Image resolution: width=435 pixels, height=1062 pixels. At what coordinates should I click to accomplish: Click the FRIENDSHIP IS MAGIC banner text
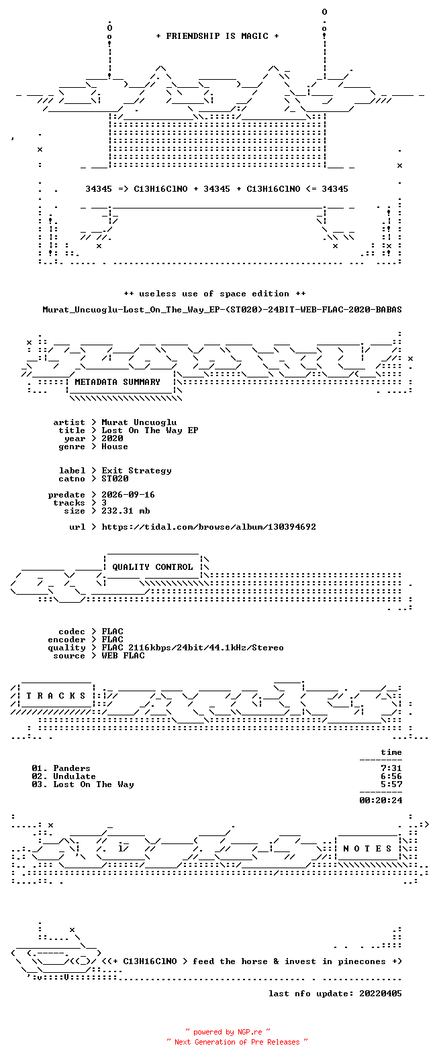click(217, 36)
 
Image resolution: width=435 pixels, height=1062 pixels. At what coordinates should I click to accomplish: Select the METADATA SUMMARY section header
click(117, 382)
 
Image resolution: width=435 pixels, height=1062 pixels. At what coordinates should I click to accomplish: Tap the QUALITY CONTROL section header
click(152, 567)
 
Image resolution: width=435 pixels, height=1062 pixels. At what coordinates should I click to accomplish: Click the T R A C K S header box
click(56, 696)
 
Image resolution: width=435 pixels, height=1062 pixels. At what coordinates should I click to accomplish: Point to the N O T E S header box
click(368, 849)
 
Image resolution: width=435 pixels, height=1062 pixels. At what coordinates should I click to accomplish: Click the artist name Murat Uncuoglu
click(139, 422)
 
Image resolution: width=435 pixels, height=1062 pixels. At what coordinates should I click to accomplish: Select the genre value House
click(114, 447)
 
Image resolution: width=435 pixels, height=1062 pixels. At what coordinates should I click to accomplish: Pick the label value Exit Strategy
click(136, 471)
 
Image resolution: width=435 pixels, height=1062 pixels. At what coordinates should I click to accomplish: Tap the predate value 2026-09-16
click(128, 495)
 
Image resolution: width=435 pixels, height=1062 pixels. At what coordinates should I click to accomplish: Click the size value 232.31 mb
click(126, 511)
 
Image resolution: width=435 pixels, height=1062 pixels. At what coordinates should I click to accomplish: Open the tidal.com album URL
click(209, 527)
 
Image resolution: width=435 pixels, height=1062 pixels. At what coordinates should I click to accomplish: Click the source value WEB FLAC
click(123, 656)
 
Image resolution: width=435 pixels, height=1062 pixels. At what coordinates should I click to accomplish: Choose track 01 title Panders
click(72, 768)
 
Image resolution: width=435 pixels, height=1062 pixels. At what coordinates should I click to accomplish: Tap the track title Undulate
click(75, 776)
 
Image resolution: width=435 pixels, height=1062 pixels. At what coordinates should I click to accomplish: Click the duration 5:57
click(391, 784)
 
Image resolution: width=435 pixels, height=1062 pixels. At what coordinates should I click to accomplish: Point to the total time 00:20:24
click(381, 801)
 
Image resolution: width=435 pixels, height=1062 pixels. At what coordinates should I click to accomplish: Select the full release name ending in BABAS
click(222, 310)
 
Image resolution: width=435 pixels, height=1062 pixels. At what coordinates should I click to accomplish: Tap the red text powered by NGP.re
click(228, 1032)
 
